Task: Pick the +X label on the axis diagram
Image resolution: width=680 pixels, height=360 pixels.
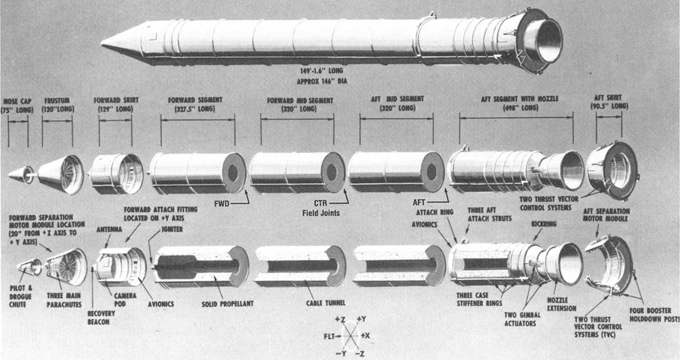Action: pos(366,335)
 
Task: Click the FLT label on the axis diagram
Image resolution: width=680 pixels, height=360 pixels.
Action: pos(330,336)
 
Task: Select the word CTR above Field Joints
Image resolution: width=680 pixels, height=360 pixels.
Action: pos(321,203)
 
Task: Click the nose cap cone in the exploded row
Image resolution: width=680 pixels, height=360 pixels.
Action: pos(21,174)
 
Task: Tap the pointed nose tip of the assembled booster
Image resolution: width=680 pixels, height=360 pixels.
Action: pos(103,43)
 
